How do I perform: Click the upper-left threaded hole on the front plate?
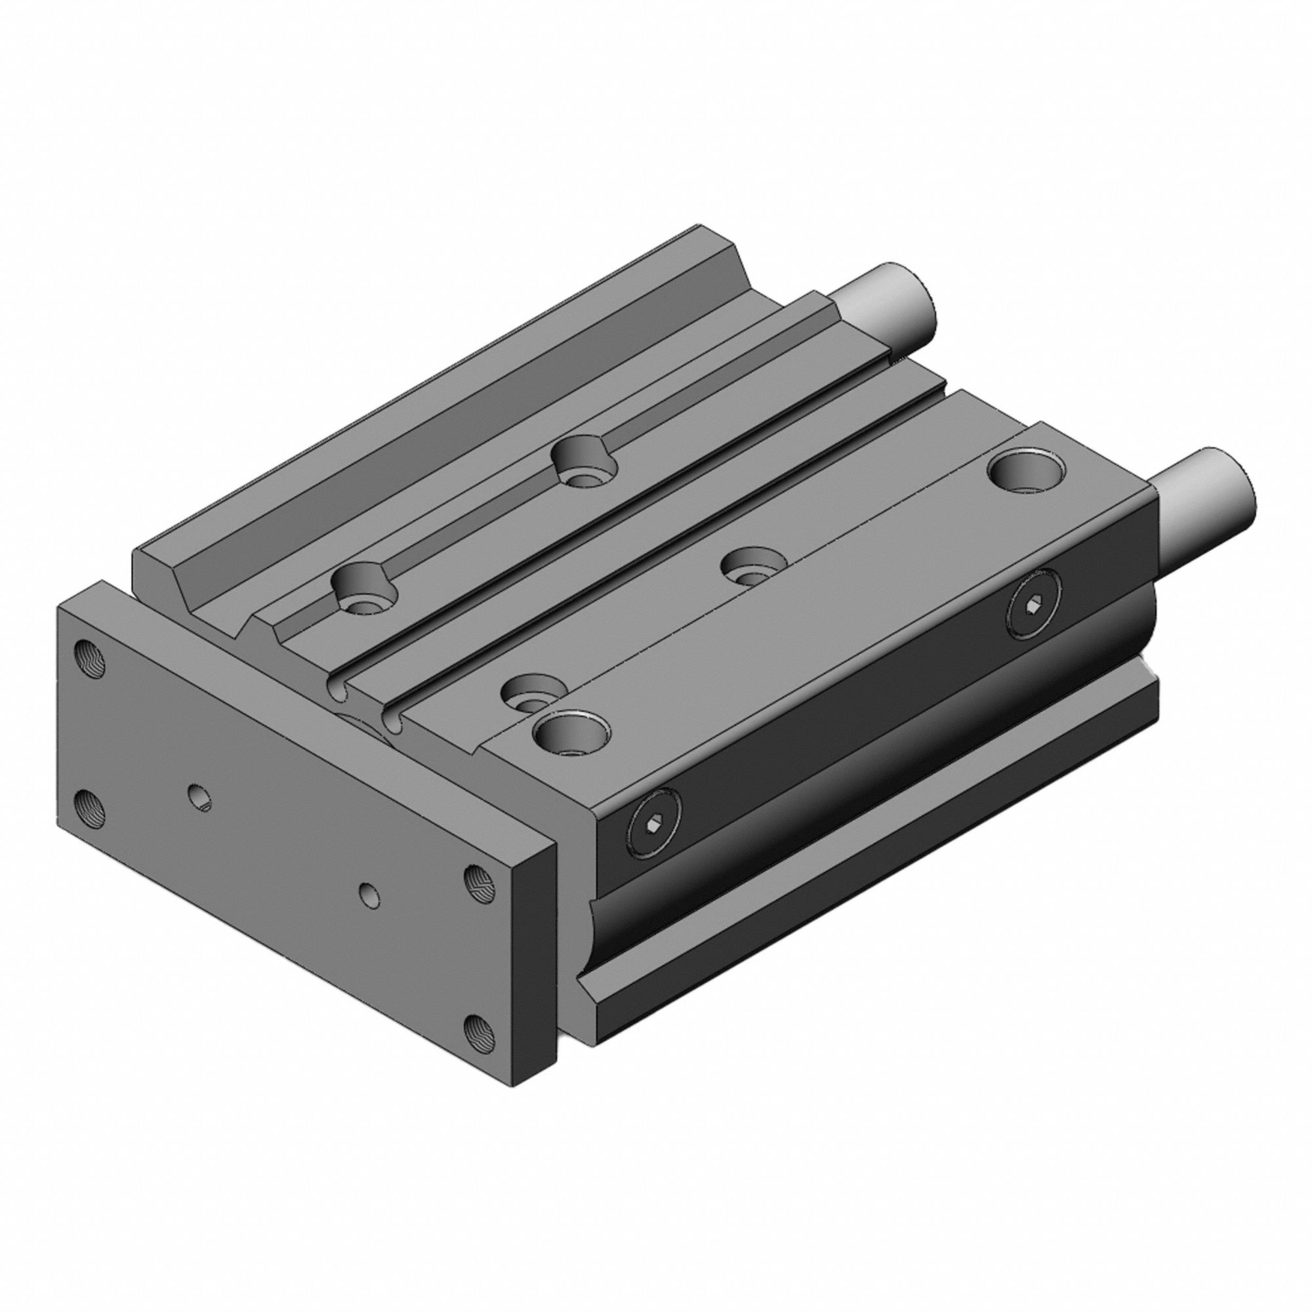pyautogui.click(x=91, y=658)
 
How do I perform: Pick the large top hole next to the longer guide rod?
pyautogui.click(x=1025, y=469)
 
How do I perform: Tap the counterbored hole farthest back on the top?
pyautogui.click(x=584, y=461)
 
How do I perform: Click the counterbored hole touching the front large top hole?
pyautogui.click(x=531, y=693)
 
